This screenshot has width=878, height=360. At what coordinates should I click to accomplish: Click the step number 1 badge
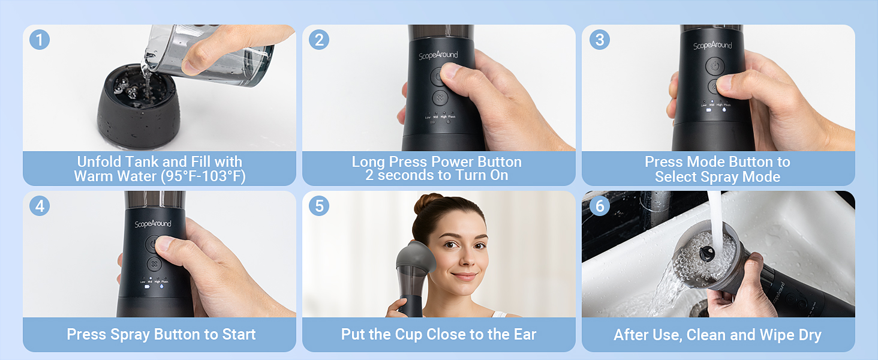point(40,40)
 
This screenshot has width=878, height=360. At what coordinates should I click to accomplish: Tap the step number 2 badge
point(319,40)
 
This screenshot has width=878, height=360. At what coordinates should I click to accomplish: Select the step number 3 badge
point(599,40)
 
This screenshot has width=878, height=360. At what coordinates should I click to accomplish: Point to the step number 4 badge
point(40,206)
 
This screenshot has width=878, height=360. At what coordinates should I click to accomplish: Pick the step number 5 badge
point(319,206)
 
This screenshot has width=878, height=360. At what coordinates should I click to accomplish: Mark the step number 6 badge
point(599,206)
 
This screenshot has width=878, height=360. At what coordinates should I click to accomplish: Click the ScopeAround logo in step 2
point(438,55)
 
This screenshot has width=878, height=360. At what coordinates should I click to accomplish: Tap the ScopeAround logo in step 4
point(153,224)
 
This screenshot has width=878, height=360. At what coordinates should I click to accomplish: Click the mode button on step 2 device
point(440,98)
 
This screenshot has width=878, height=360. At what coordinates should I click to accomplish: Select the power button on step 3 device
point(714,65)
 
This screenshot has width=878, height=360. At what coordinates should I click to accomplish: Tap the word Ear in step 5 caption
point(522,335)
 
